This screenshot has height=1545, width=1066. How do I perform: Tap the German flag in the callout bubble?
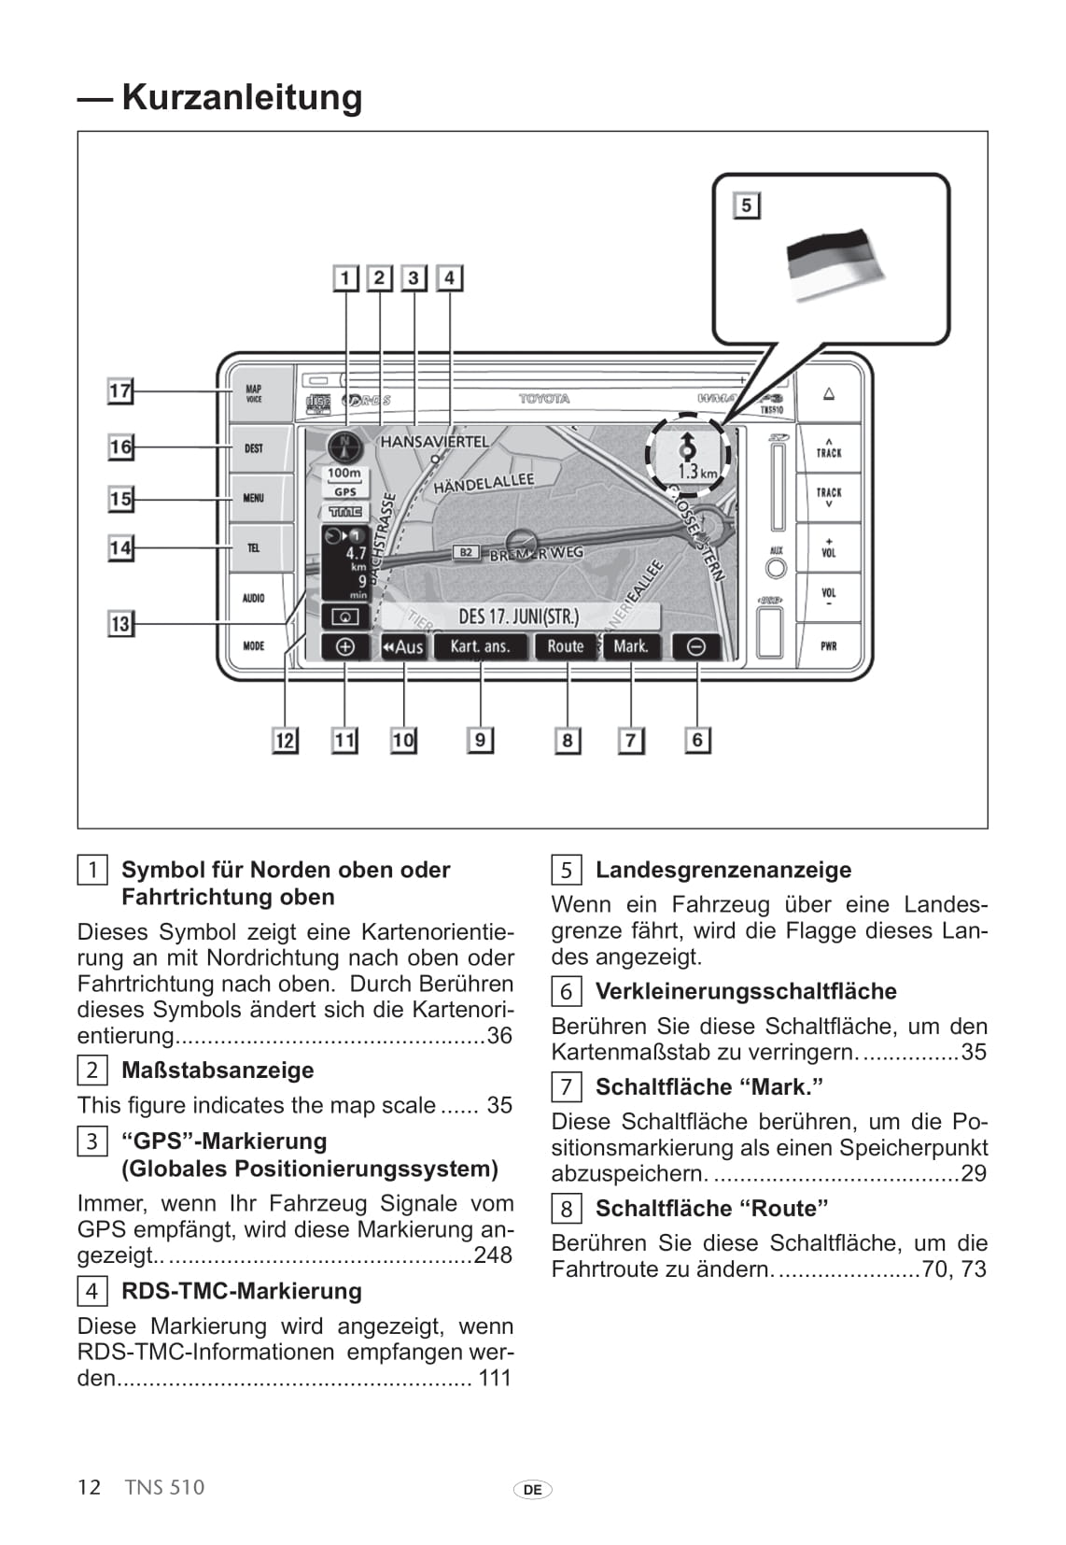point(834,263)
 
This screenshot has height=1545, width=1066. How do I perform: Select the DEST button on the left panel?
point(254,448)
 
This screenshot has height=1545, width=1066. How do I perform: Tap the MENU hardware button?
point(254,498)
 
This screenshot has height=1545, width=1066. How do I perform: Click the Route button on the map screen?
point(565,646)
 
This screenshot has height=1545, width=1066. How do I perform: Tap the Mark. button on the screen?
point(631,646)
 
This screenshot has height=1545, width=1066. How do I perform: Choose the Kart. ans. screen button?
point(480,646)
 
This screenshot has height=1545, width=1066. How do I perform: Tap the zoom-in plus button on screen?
point(344,646)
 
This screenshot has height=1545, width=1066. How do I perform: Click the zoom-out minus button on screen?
point(696,646)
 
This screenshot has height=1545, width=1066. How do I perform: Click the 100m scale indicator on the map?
point(344,474)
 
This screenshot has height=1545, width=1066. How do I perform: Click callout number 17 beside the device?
point(120,390)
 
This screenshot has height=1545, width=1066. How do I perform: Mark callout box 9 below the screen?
point(480,741)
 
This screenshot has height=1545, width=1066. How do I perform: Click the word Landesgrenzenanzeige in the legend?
point(723,870)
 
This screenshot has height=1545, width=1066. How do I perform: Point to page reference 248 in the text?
point(493,1254)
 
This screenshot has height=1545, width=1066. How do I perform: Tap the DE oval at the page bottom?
point(532,1490)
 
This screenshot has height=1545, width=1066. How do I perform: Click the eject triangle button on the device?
point(829,394)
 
